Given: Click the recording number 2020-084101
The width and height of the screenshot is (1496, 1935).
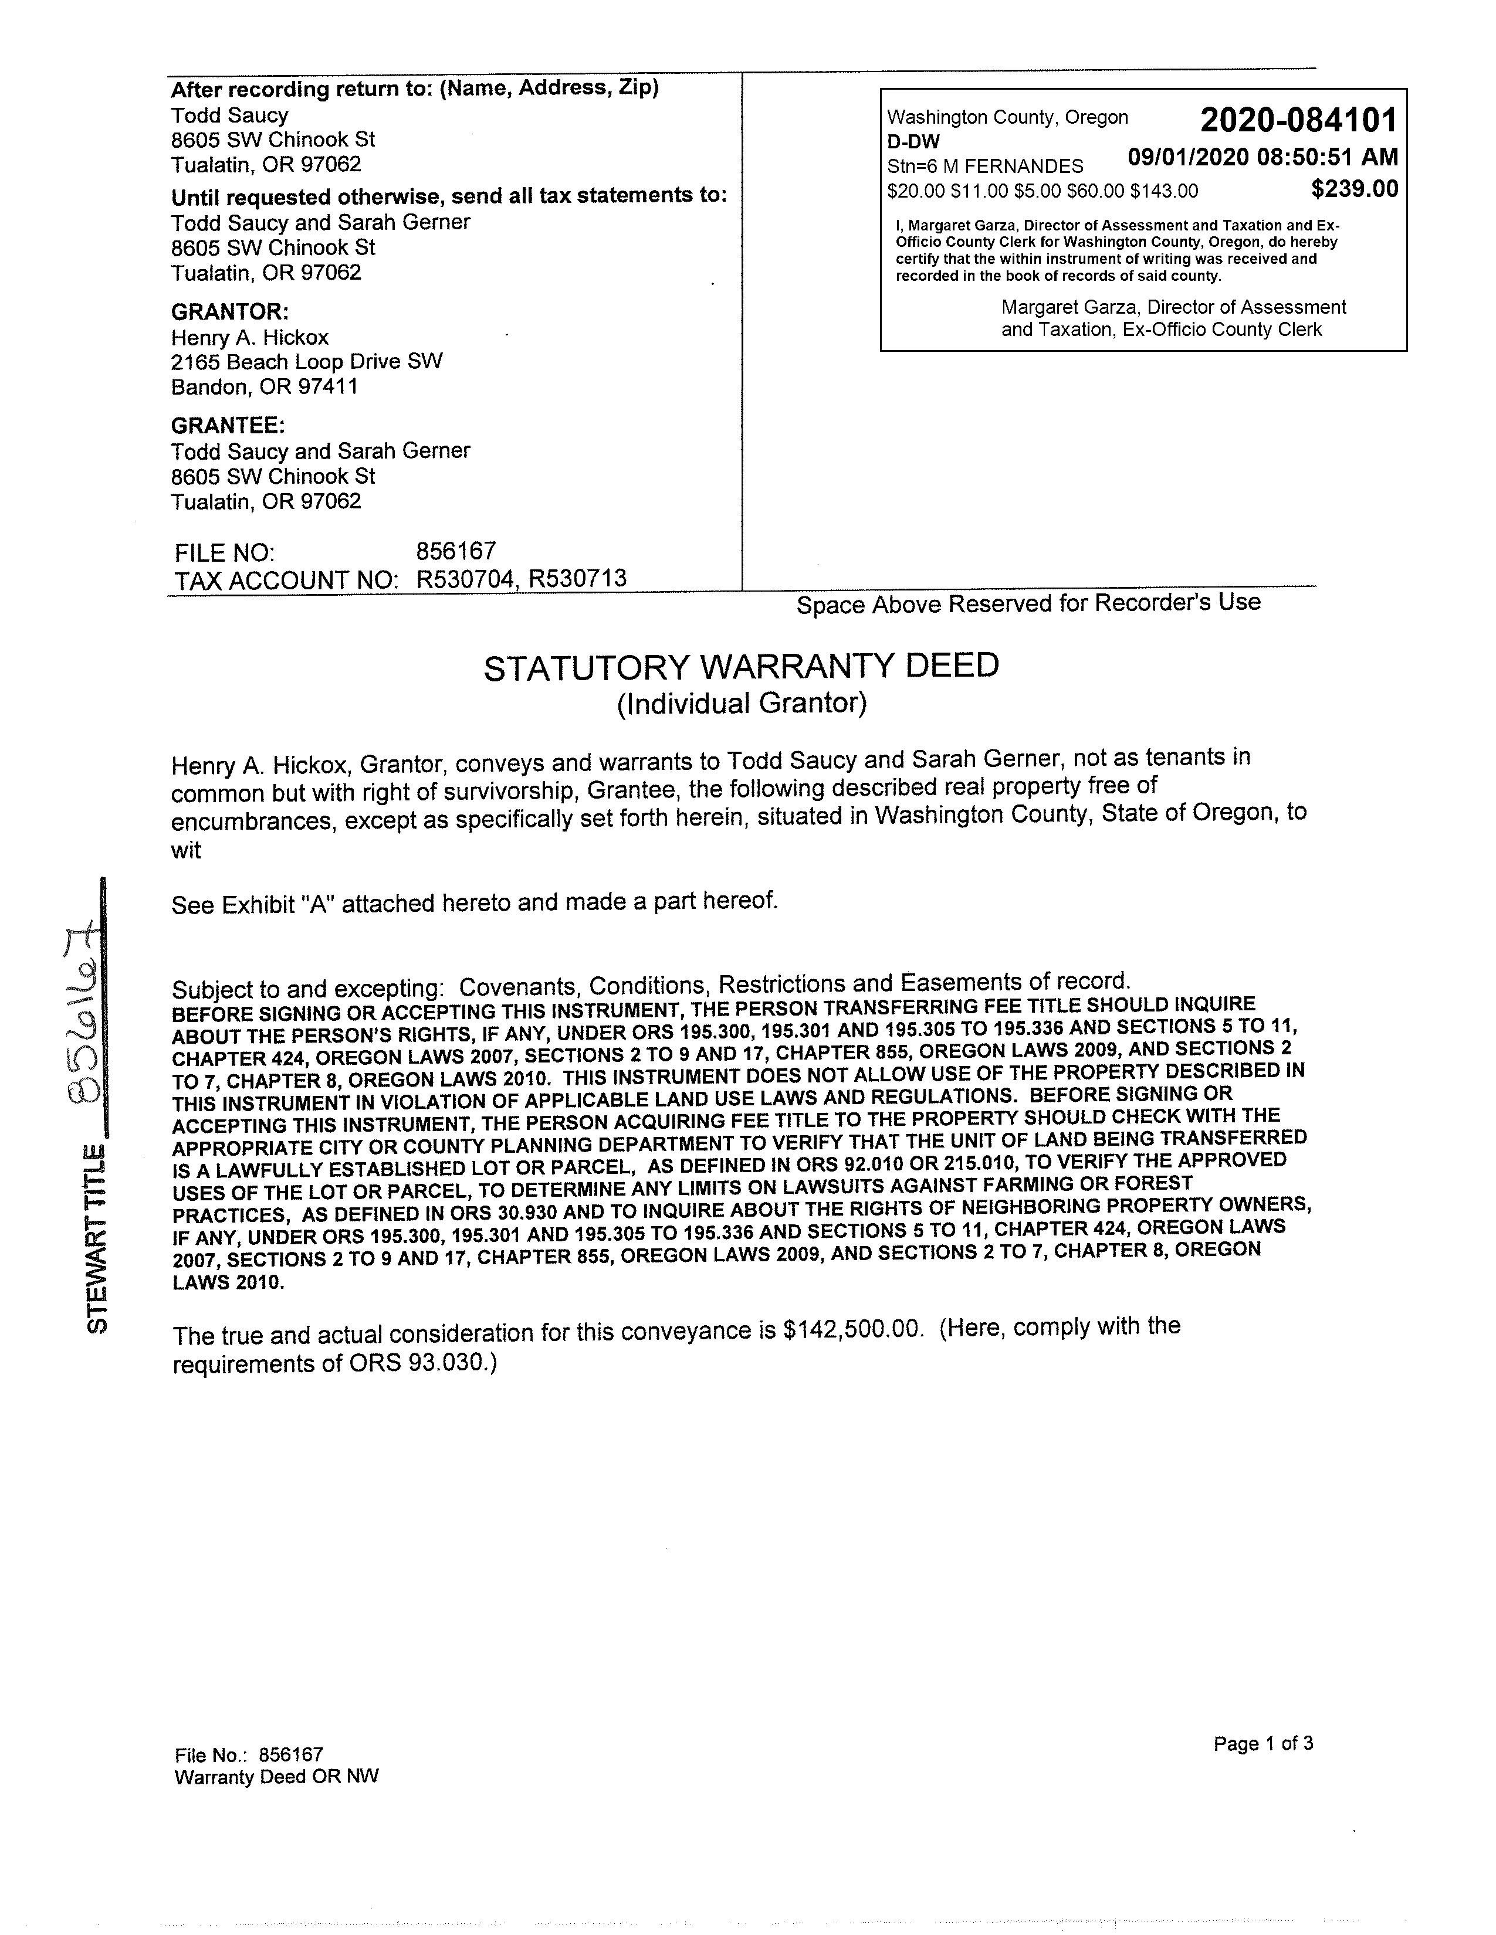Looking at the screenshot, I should click(x=1298, y=120).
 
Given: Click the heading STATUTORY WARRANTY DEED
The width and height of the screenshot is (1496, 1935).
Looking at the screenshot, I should click(x=741, y=666).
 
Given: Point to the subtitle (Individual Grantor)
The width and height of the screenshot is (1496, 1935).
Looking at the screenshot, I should click(x=741, y=704).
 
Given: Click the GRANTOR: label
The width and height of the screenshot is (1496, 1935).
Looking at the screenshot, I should click(x=229, y=312).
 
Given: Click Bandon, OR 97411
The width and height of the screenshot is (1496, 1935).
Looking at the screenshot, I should click(x=264, y=387).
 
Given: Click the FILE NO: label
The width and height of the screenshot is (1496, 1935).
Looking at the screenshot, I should click(x=224, y=553).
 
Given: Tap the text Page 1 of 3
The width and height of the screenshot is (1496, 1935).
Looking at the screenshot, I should click(x=1263, y=1744).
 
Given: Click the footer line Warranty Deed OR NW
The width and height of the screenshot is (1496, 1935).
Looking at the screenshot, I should click(x=276, y=1777).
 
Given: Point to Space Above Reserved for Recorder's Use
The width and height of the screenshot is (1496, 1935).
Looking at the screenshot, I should click(x=1028, y=604).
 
